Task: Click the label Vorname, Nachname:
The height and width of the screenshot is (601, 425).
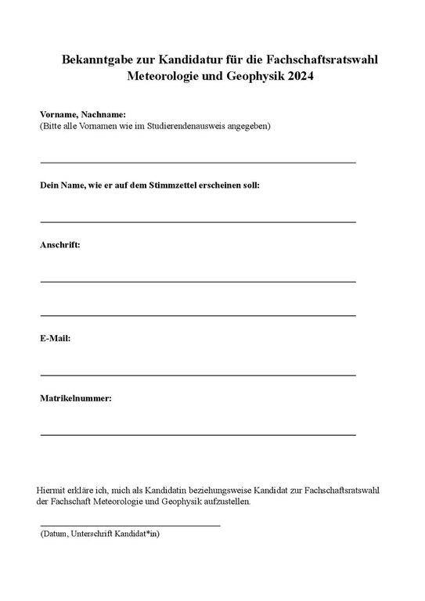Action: [83, 114]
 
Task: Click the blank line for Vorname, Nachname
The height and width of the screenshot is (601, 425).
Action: [197, 162]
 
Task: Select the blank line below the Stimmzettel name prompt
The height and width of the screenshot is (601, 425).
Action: [197, 221]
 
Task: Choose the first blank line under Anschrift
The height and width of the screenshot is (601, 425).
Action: [197, 281]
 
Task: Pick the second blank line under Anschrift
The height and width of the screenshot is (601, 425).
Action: [197, 315]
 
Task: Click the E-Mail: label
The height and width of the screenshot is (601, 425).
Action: [56, 338]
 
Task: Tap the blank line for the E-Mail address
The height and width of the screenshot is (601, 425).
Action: [197, 375]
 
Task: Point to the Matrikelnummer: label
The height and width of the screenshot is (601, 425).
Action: [76, 398]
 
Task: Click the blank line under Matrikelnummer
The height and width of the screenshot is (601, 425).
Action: [197, 434]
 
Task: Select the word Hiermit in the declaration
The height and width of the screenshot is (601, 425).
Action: [52, 489]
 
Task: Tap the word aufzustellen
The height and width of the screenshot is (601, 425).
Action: [225, 501]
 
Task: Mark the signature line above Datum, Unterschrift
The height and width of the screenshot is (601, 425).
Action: [130, 525]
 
